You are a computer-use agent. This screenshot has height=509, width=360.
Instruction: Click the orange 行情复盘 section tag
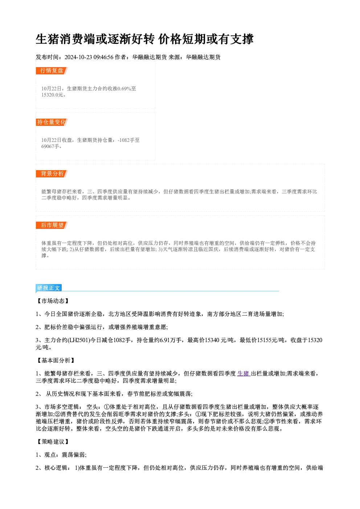(52, 71)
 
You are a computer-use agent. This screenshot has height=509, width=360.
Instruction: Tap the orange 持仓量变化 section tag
(52, 122)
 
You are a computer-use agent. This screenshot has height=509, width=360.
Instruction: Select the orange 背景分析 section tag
(52, 174)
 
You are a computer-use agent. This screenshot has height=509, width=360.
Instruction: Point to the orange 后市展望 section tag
(52, 225)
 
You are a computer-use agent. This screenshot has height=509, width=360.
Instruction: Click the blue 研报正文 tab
(48, 288)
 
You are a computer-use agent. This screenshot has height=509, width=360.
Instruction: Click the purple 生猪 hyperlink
(244, 374)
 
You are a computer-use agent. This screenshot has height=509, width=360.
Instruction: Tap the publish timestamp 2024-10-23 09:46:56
(89, 57)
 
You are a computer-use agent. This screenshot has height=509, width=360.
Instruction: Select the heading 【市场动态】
(53, 301)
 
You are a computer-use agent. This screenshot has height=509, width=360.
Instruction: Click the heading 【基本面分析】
(56, 361)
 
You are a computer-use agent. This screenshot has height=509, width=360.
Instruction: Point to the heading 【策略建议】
(53, 442)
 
